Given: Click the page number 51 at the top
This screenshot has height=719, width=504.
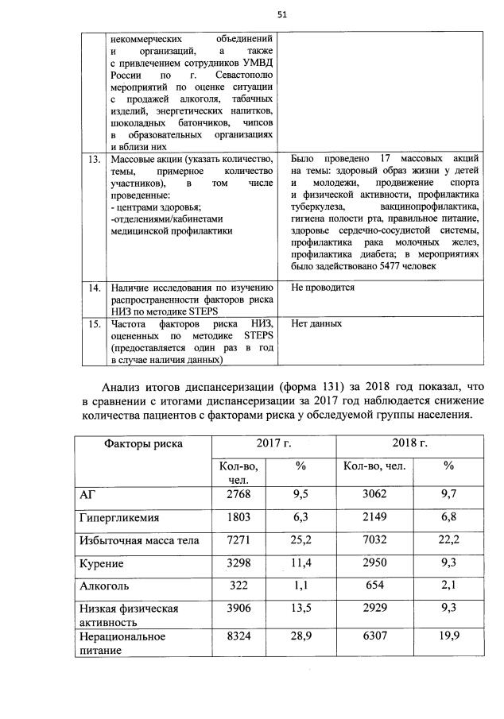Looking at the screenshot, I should [x=281, y=14].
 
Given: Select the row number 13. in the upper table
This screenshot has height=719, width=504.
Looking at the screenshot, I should [x=95, y=160].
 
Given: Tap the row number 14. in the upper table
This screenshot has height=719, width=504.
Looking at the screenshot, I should [x=95, y=288].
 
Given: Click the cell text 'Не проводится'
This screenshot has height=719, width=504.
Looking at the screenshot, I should [x=323, y=288].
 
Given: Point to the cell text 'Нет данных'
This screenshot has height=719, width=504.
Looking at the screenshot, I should [x=316, y=324].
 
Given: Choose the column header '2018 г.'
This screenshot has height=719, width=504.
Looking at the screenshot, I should [x=409, y=443].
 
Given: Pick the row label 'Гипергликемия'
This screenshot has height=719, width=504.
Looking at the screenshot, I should [x=118, y=518].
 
